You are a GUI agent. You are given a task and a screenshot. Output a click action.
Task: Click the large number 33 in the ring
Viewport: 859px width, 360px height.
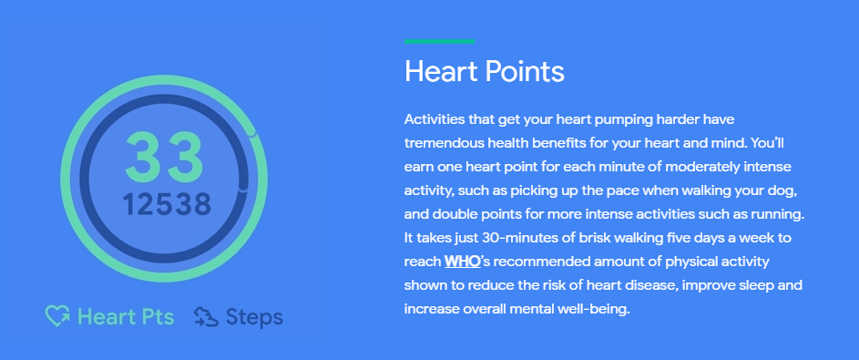tap(164, 157)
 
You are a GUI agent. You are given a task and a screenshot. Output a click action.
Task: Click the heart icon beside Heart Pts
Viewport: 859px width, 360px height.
tap(58, 317)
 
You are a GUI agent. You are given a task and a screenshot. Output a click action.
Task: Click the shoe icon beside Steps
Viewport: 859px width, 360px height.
tap(205, 317)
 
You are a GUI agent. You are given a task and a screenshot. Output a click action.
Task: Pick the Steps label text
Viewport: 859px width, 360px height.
tap(254, 317)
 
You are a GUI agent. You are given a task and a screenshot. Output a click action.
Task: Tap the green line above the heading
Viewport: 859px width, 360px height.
tap(439, 41)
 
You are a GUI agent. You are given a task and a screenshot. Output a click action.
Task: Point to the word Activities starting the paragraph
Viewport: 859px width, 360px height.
tap(435, 120)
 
